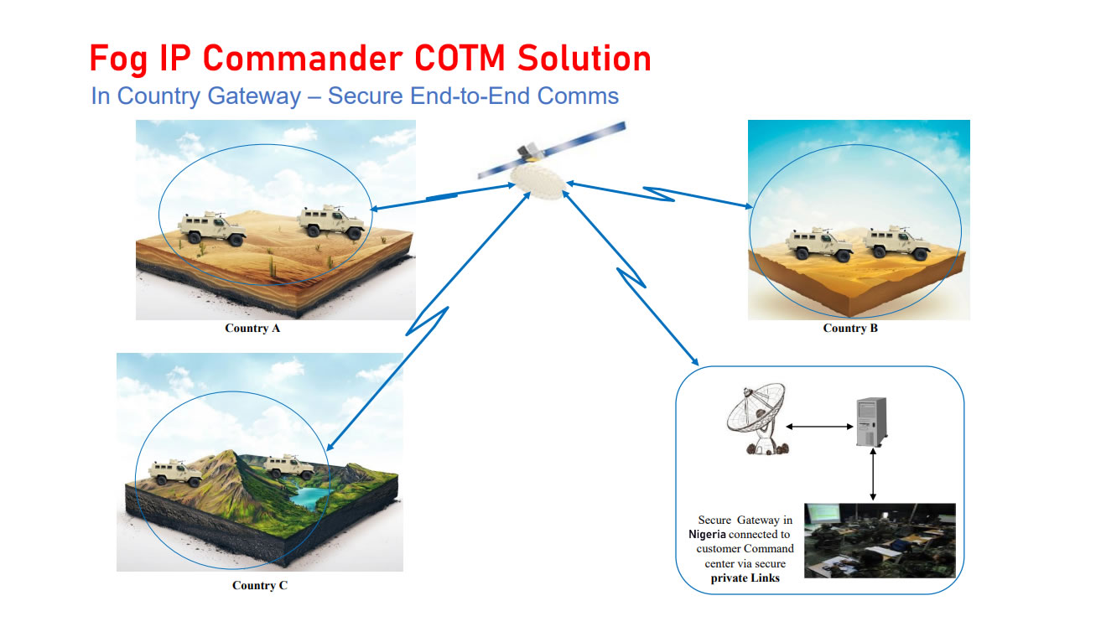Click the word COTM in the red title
460,59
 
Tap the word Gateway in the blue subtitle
254,96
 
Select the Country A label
252,329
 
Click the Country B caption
850,329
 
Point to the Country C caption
259,585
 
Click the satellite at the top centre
546,162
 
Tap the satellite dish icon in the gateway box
757,419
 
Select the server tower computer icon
872,422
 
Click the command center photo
880,540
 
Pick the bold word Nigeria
707,535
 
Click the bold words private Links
745,578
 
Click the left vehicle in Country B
819,244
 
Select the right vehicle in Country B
897,243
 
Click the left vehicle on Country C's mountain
175,473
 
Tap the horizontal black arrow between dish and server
819,427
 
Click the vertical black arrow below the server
873,474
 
